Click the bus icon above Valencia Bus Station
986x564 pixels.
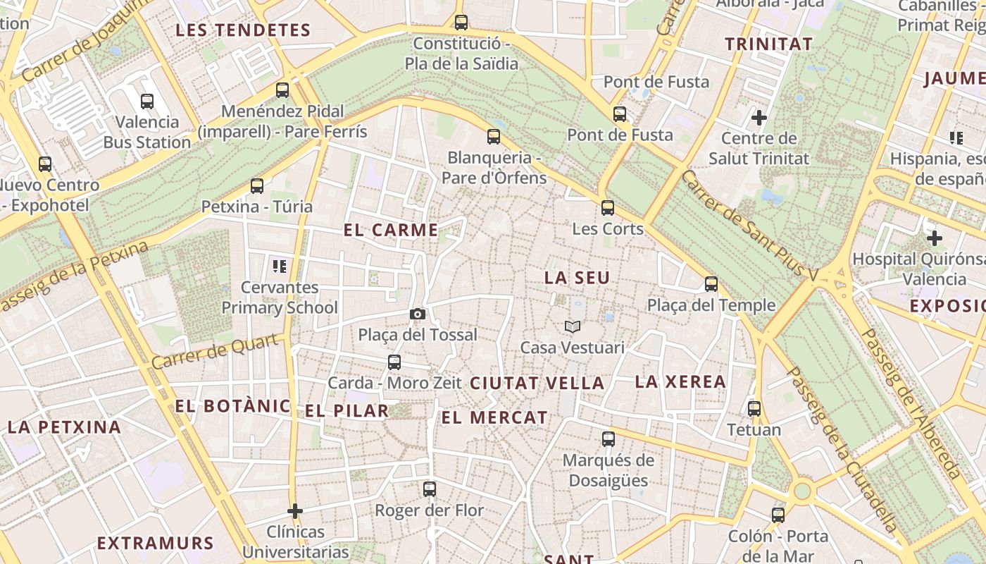pos(146,102)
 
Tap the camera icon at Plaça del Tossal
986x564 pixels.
pos(417,314)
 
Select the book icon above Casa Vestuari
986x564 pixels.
pos(573,326)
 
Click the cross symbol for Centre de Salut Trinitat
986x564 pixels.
pos(759,117)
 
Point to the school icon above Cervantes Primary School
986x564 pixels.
pos(280,266)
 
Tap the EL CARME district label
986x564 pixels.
pos(391,230)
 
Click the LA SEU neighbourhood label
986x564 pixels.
pos(577,278)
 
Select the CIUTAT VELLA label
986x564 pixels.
pos(537,383)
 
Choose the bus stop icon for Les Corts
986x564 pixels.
pos(608,208)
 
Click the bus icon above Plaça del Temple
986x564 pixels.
pos(711,284)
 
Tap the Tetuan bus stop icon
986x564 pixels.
pos(754,409)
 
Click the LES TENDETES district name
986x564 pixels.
pos(243,30)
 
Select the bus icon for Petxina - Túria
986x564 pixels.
pos(257,186)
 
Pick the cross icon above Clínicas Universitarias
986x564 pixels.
pos(295,510)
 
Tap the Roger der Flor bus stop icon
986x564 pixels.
pos(430,489)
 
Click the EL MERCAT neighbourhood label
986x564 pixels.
pos(494,417)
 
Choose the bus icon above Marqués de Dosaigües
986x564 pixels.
pos(609,439)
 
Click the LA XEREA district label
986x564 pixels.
pos(680,382)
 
